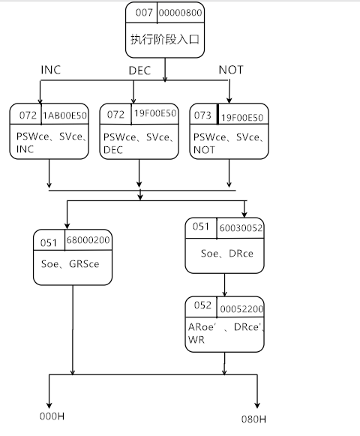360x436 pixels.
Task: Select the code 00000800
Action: click(181, 14)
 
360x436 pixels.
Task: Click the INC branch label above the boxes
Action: click(51, 70)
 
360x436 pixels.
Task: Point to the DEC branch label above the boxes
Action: click(140, 70)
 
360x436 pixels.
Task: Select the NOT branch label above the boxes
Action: click(231, 70)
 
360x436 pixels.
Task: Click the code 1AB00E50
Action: click(66, 116)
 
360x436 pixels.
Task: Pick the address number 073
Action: click(204, 116)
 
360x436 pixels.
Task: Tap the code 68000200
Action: click(89, 241)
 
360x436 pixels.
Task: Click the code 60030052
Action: click(241, 227)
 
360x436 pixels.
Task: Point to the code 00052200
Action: click(241, 308)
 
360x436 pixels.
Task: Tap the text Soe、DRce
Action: click(226, 254)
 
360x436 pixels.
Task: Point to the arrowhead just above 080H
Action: click(256, 402)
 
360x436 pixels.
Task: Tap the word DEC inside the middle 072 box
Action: click(113, 149)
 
